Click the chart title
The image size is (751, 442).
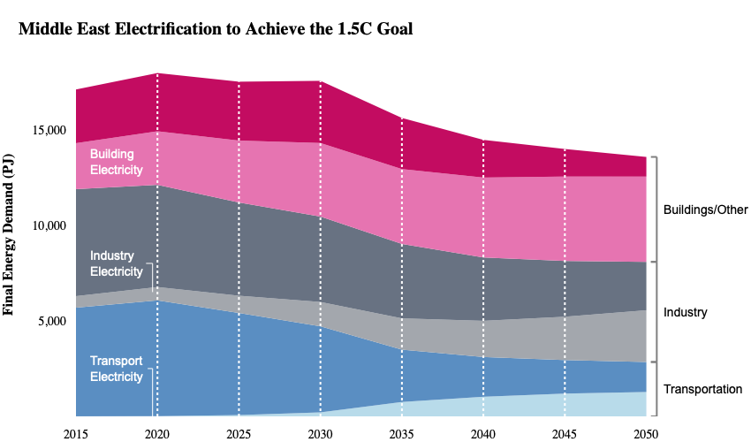pos(216,29)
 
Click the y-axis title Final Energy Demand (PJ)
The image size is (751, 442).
pos(8,234)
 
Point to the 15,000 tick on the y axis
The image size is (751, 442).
pos(49,130)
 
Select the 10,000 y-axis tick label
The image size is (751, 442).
pos(49,225)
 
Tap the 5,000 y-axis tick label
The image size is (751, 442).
pos(52,321)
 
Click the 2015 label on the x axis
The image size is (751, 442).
pos(76,434)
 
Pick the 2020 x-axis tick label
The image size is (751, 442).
pos(157,434)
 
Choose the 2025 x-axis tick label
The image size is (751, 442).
pos(239,434)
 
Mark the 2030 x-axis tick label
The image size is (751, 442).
pos(320,434)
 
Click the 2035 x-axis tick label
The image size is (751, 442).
pos(401,434)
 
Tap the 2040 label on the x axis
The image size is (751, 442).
pos(482,434)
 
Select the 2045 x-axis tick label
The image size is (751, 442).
pos(565,434)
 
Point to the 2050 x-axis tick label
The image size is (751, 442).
pos(646,434)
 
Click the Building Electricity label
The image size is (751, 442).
pos(117,162)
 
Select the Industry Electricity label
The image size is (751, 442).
pos(117,263)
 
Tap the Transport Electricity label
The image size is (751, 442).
pos(117,369)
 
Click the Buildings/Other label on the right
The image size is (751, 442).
pos(706,210)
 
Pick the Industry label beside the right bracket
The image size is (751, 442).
pos(685,312)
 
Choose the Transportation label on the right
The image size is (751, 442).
pos(702,389)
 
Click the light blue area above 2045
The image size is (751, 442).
pos(565,405)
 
